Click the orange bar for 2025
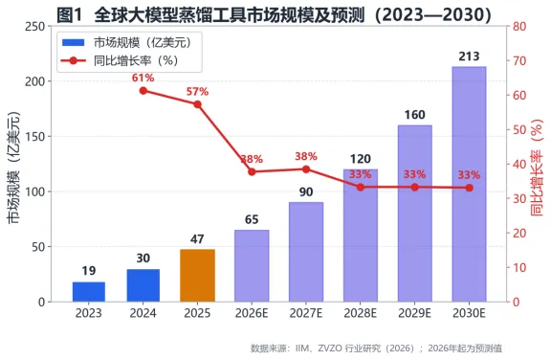point(197,276)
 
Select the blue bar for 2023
point(89,292)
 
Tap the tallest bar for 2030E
point(469,184)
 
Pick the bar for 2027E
point(306,252)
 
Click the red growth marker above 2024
point(143,91)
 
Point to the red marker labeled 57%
point(197,104)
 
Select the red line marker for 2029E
point(414,188)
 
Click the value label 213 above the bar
point(469,56)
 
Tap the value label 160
point(414,115)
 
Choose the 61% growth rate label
point(143,78)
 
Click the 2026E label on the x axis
point(252,313)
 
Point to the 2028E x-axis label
point(361,313)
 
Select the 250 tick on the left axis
point(35,27)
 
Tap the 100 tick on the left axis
point(35,191)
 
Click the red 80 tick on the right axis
point(519,27)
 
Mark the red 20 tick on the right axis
point(519,233)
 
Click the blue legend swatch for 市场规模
point(73,42)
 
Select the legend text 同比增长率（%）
point(136,61)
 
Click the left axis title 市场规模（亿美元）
point(13,169)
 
